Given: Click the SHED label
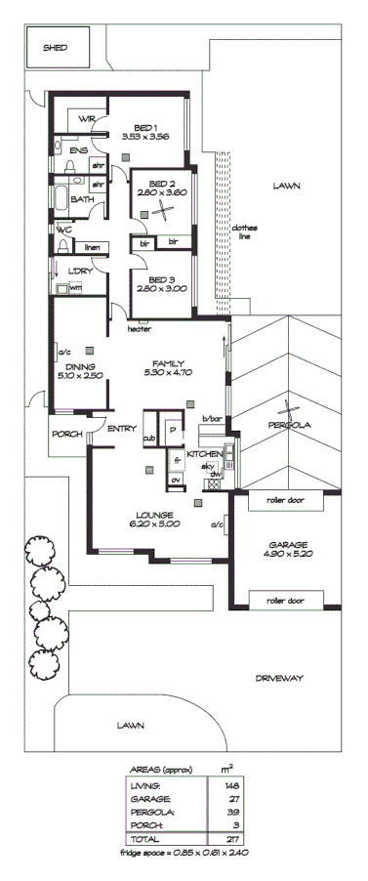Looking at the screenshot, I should tap(55, 47).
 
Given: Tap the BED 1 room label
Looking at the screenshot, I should tap(146, 128).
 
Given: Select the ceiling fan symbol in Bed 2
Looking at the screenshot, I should tap(167, 208).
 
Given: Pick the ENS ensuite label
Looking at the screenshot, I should tap(78, 150).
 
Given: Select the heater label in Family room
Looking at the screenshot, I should tap(140, 330).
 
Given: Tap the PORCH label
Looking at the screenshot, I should tap(66, 435).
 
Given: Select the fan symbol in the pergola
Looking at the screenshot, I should tap(288, 411).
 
